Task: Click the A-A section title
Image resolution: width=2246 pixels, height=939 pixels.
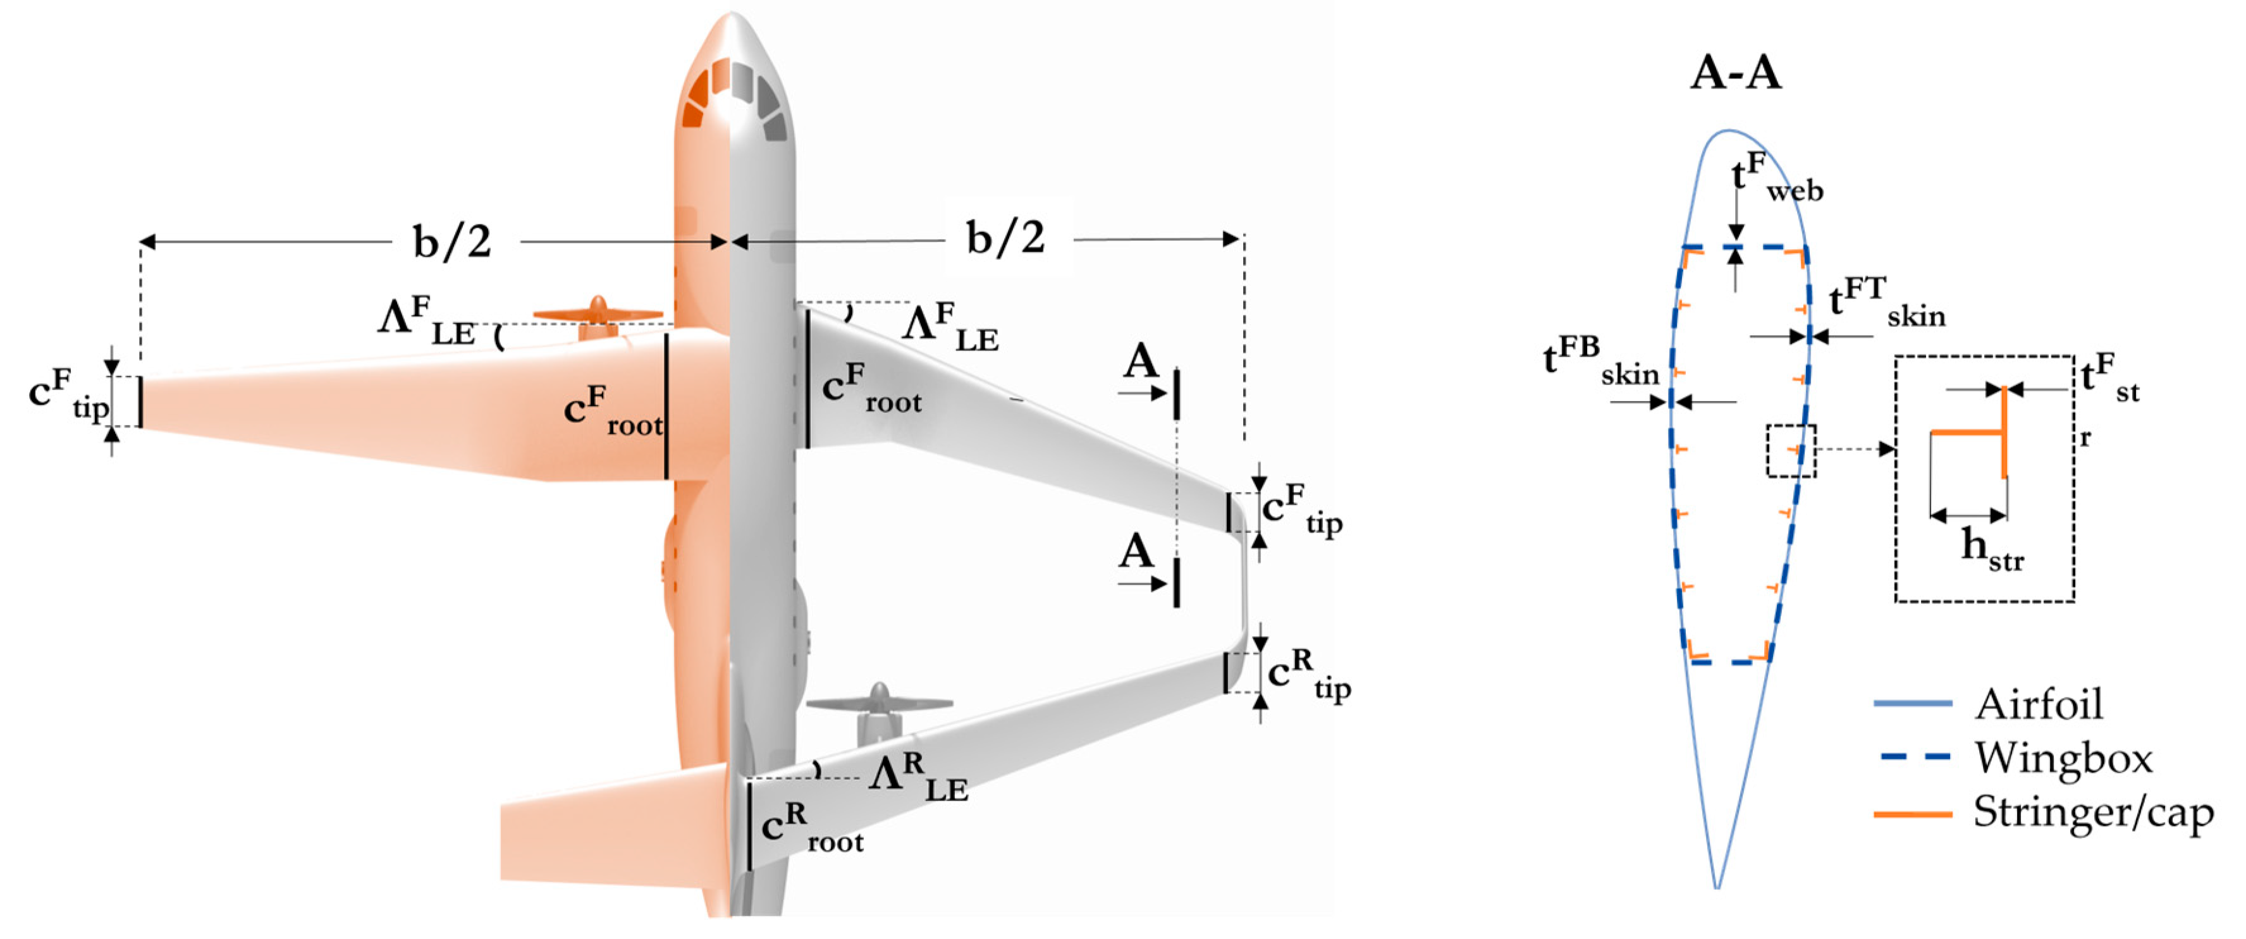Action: pos(1735,72)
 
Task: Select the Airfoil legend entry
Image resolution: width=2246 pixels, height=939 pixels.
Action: pos(2039,704)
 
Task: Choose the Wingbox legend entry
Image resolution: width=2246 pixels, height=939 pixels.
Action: pos(2063,758)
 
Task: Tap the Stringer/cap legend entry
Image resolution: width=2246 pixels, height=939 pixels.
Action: pos(2092,813)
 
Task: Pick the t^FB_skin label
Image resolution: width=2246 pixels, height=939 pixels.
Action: pos(1601,362)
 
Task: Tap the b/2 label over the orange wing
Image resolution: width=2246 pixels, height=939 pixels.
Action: pos(451,241)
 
